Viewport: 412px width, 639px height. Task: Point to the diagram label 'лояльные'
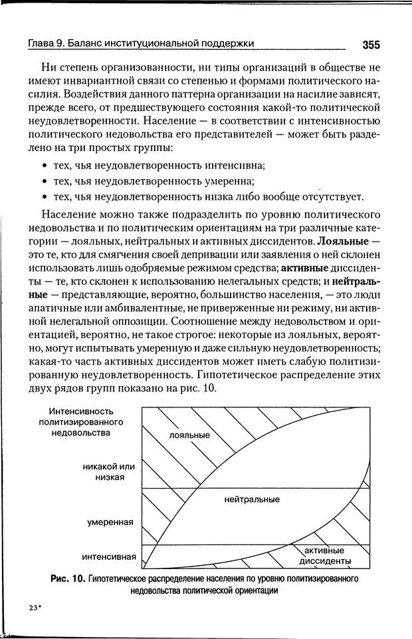click(x=189, y=435)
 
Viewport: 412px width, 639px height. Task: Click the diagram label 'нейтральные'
click(x=252, y=499)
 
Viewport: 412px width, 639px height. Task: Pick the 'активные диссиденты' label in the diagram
click(x=324, y=556)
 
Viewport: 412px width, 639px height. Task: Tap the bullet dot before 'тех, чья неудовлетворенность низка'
click(x=43, y=196)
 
